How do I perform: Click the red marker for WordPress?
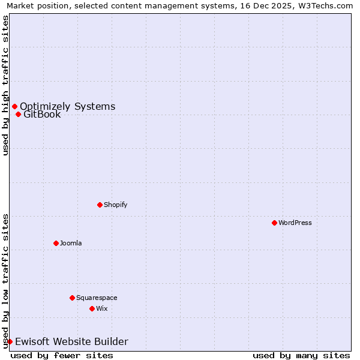pos(274,223)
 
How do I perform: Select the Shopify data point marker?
pos(100,205)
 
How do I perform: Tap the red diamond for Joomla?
pos(56,243)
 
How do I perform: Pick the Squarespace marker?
pos(72,298)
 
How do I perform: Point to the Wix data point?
pos(92,308)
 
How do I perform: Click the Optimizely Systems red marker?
pos(14,107)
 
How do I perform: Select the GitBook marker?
pos(18,115)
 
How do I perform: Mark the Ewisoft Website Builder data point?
pos(10,341)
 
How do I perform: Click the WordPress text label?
pos(295,223)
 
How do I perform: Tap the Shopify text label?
pos(116,205)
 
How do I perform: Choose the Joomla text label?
pos(71,243)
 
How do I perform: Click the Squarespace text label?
pos(97,298)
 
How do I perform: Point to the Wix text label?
pos(102,308)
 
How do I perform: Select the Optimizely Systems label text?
pos(67,107)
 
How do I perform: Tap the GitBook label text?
pos(42,115)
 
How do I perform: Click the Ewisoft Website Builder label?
pos(71,341)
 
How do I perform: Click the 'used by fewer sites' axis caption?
pos(62,355)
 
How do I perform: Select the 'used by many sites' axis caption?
pos(301,355)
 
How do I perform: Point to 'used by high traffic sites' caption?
pos(5,85)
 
